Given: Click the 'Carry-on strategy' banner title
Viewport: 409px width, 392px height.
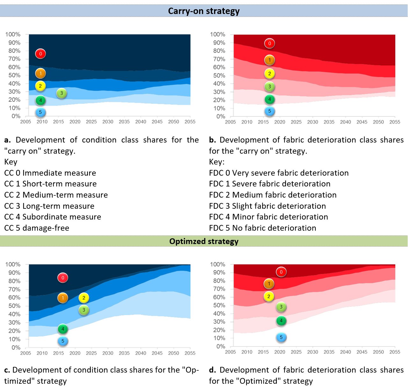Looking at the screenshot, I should coord(204,11).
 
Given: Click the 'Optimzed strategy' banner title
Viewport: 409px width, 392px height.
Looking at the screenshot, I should coord(204,241).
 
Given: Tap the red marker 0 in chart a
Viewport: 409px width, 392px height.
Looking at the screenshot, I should coord(40,54).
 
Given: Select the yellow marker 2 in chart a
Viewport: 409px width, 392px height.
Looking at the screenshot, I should coord(40,86).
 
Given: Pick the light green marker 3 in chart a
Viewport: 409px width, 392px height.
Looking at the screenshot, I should coord(61,93).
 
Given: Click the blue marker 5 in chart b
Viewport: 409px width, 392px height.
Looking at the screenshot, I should coord(269,111).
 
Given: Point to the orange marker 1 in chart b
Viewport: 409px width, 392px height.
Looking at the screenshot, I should coord(269,60).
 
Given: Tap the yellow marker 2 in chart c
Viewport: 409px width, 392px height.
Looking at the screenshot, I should coord(84,298).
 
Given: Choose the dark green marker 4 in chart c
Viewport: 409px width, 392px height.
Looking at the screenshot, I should coord(63,329).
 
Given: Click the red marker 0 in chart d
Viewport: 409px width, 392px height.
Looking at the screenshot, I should coord(281,272).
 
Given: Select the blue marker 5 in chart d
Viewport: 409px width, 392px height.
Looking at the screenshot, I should coord(281,337).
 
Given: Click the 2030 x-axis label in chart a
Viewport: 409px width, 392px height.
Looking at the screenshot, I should coord(108,122).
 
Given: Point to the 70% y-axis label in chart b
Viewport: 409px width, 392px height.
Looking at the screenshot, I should coord(219,59).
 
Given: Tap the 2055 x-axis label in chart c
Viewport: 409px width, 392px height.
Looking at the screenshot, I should coord(190,353).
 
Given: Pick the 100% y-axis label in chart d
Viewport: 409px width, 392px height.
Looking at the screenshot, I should coord(218,264).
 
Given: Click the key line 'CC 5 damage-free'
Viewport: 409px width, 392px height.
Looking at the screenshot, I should coord(37,228).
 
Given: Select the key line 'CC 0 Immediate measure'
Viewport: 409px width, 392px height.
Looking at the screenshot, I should coord(50,173).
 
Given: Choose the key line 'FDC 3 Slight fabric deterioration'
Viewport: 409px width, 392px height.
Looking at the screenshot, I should coord(267,206).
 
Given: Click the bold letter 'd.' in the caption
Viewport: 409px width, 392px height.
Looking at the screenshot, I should coord(212,370).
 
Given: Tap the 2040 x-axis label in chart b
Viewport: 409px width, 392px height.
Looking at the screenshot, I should coord(345,122).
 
